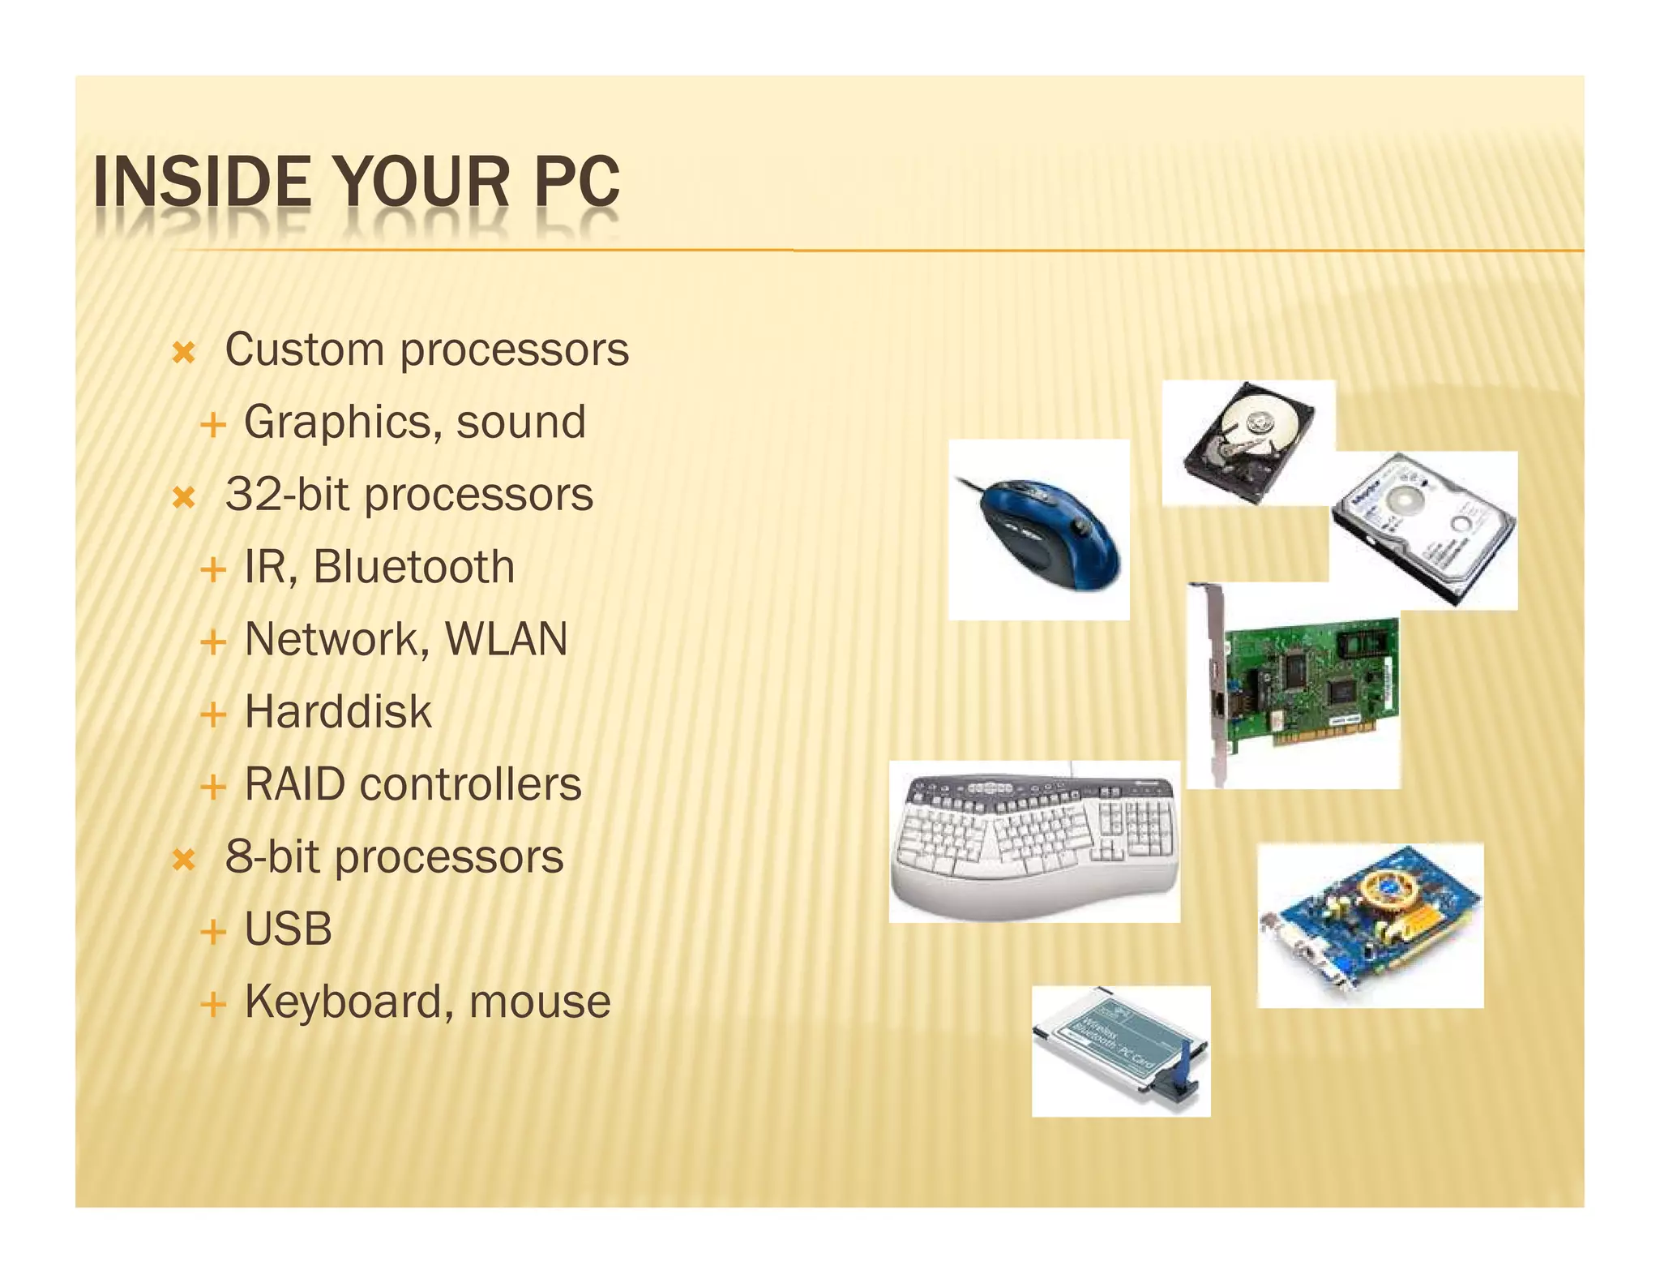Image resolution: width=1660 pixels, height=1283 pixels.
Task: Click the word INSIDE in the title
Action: pyautogui.click(x=202, y=182)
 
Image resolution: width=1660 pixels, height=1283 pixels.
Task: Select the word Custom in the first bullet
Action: pyautogui.click(x=304, y=350)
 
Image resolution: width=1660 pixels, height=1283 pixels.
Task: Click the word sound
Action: pyautogui.click(x=521, y=422)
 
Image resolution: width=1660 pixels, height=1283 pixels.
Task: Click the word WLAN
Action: pyautogui.click(x=506, y=639)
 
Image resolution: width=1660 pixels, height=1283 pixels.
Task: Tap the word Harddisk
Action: pyautogui.click(x=338, y=711)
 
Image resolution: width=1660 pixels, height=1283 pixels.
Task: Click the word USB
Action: pyautogui.click(x=288, y=929)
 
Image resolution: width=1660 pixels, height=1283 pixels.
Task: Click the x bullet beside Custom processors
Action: pyautogui.click(x=184, y=353)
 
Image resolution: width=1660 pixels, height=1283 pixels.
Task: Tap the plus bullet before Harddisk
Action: pyautogui.click(x=212, y=714)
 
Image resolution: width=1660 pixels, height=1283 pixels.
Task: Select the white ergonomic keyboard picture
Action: pyautogui.click(x=1034, y=841)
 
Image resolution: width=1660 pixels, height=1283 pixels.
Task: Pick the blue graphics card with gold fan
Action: pyautogui.click(x=1370, y=925)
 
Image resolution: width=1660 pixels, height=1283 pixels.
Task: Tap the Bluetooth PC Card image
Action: pyautogui.click(x=1121, y=1051)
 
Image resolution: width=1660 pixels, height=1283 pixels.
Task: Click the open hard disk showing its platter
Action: pyautogui.click(x=1247, y=443)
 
